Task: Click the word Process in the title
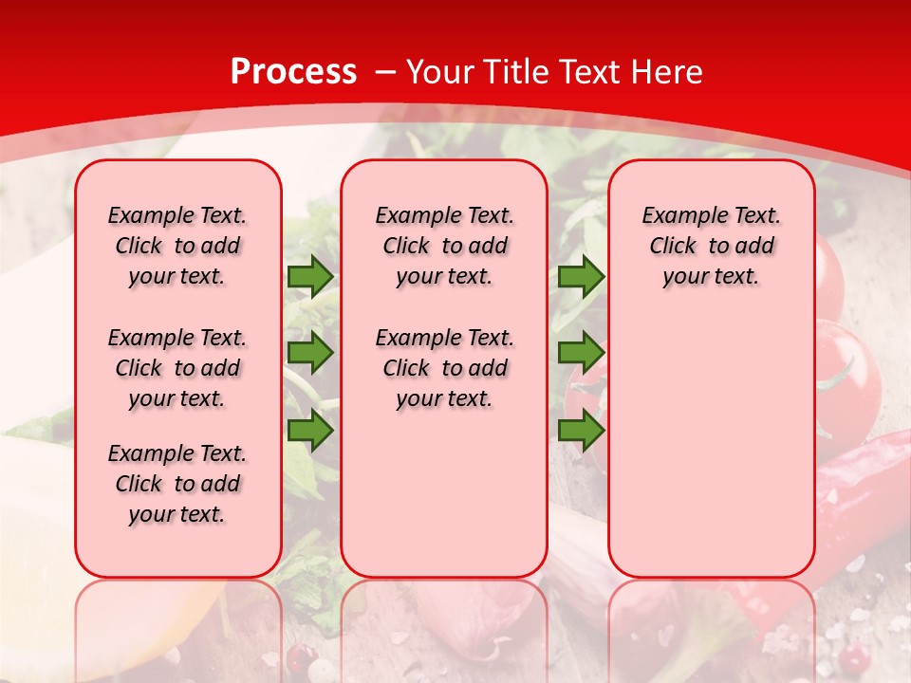pos(293,72)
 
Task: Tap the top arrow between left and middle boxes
pos(310,276)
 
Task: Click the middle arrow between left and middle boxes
pos(310,353)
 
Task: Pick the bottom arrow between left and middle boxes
pos(310,430)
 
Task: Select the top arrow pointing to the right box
pos(581,276)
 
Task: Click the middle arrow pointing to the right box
pos(581,353)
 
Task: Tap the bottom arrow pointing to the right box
pos(581,430)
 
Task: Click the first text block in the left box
pos(177,246)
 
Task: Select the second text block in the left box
pos(177,368)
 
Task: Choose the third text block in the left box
pos(177,484)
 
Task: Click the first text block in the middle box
pos(444,246)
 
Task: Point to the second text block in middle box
pos(444,368)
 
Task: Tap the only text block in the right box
pos(711,246)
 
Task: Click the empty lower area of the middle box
pos(444,493)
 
